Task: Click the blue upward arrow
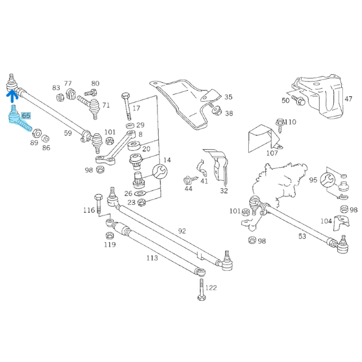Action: pos(10,98)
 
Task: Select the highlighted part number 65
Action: pos(26,116)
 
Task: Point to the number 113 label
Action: pos(152,258)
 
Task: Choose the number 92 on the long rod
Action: pos(181,231)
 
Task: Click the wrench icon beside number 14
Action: pos(159,171)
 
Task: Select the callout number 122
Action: pos(211,288)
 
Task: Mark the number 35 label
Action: pos(228,97)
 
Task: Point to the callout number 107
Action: pos(272,153)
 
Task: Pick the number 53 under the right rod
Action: pos(302,236)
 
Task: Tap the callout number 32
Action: pos(224,190)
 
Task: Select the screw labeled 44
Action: pos(188,179)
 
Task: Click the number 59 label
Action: pos(68,133)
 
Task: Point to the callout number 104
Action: pos(326,221)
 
